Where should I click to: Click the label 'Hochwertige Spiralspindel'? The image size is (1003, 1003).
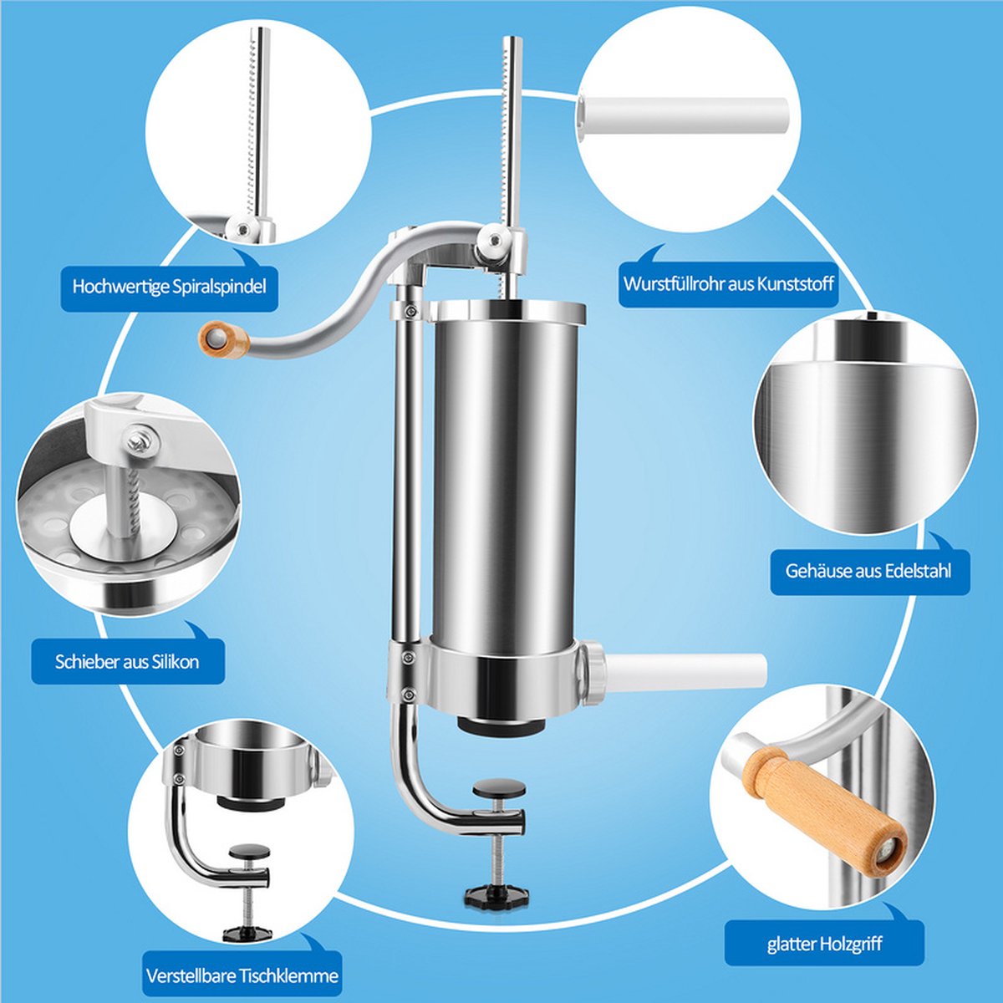coord(169,287)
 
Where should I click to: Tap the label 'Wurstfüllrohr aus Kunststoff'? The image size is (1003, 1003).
coord(728,284)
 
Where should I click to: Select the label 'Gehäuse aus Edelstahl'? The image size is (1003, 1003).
coord(868,571)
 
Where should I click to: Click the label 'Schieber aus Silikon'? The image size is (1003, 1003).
coord(127,661)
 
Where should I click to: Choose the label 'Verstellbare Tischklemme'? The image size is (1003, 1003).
coord(242,975)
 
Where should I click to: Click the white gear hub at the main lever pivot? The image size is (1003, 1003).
coord(491,243)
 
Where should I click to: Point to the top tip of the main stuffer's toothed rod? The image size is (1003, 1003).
coord(512,38)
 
